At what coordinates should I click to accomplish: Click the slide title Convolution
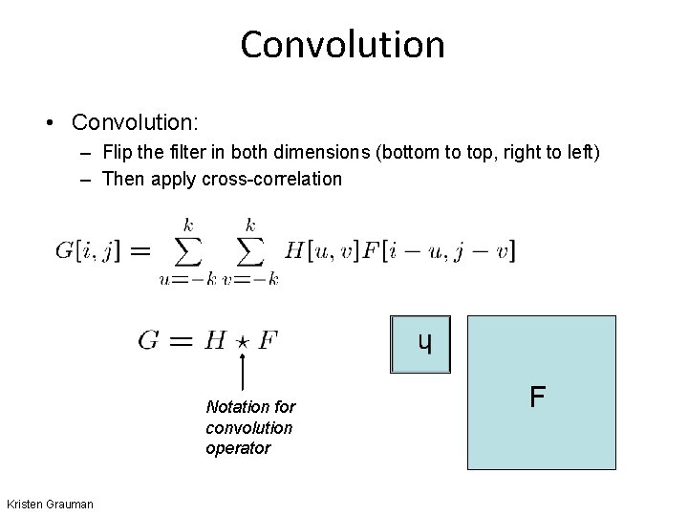(x=343, y=44)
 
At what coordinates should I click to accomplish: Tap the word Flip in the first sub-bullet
(x=118, y=153)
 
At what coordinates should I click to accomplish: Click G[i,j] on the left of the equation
(x=90, y=250)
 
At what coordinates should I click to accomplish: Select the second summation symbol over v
(x=250, y=251)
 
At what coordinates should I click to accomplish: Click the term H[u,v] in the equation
(x=320, y=250)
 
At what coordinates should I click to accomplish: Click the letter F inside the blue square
(x=538, y=395)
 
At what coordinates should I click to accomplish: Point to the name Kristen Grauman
(x=50, y=504)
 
